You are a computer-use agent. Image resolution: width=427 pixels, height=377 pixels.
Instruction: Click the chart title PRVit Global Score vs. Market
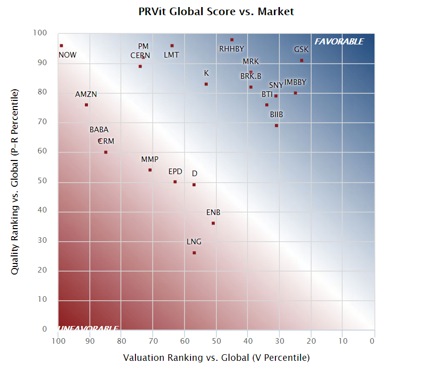tap(216, 11)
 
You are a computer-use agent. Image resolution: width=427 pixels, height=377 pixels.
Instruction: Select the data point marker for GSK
tap(302, 61)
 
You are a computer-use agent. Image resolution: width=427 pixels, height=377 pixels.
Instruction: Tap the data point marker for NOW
tap(62, 45)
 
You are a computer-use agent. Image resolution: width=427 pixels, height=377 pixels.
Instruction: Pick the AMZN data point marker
tap(86, 105)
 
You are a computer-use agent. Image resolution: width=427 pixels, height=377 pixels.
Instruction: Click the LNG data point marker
tap(194, 253)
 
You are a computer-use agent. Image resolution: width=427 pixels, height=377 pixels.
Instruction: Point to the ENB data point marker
tap(213, 223)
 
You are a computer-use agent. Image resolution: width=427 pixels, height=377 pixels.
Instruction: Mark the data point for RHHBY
tap(232, 39)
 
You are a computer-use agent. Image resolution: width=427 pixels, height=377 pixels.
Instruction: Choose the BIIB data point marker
tap(276, 126)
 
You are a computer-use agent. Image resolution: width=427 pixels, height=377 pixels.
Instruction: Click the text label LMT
tap(171, 55)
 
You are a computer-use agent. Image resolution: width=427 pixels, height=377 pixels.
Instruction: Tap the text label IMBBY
tap(295, 82)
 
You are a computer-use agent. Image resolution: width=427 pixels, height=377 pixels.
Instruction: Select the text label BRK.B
tap(251, 76)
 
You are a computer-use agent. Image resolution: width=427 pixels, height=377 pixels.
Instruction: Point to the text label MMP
tap(150, 159)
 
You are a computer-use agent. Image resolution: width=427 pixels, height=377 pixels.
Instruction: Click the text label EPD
tap(175, 172)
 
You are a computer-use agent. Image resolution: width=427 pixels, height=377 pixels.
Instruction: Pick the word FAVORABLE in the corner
tap(339, 41)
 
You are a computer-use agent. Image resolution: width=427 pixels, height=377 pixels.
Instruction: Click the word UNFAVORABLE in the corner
tap(89, 329)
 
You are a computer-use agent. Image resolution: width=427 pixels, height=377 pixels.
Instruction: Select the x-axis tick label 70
tap(153, 340)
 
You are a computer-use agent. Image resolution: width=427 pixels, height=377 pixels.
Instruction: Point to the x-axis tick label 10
tap(342, 340)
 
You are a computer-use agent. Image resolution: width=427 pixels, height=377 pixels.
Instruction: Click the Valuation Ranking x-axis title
tap(216, 358)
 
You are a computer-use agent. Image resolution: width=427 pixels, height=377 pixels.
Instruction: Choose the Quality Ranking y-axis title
tap(15, 182)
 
